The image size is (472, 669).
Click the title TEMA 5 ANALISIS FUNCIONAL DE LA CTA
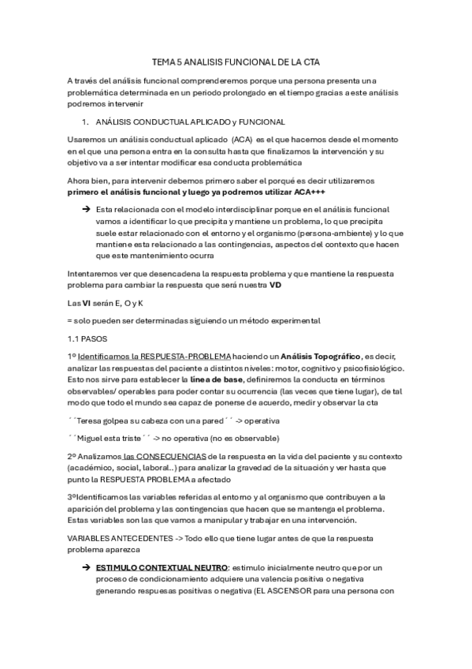click(236, 61)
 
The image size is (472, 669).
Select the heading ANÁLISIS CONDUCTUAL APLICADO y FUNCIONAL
click(189, 121)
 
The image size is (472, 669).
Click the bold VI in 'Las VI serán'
click(87, 302)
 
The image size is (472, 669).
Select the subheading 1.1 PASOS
click(87, 338)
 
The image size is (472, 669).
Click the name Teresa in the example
click(94, 420)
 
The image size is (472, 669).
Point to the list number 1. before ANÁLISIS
click(86, 121)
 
